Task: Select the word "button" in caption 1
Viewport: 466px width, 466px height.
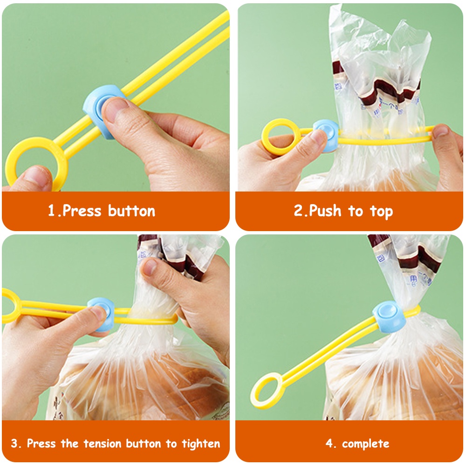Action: (x=131, y=211)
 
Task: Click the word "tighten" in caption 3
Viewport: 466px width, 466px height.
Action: (x=199, y=443)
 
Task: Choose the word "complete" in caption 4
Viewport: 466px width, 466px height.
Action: (x=365, y=443)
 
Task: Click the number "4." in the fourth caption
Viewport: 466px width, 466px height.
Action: (x=331, y=443)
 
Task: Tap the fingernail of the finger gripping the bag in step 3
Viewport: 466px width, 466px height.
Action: (x=150, y=267)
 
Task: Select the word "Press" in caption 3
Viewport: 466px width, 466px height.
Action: (x=41, y=443)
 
